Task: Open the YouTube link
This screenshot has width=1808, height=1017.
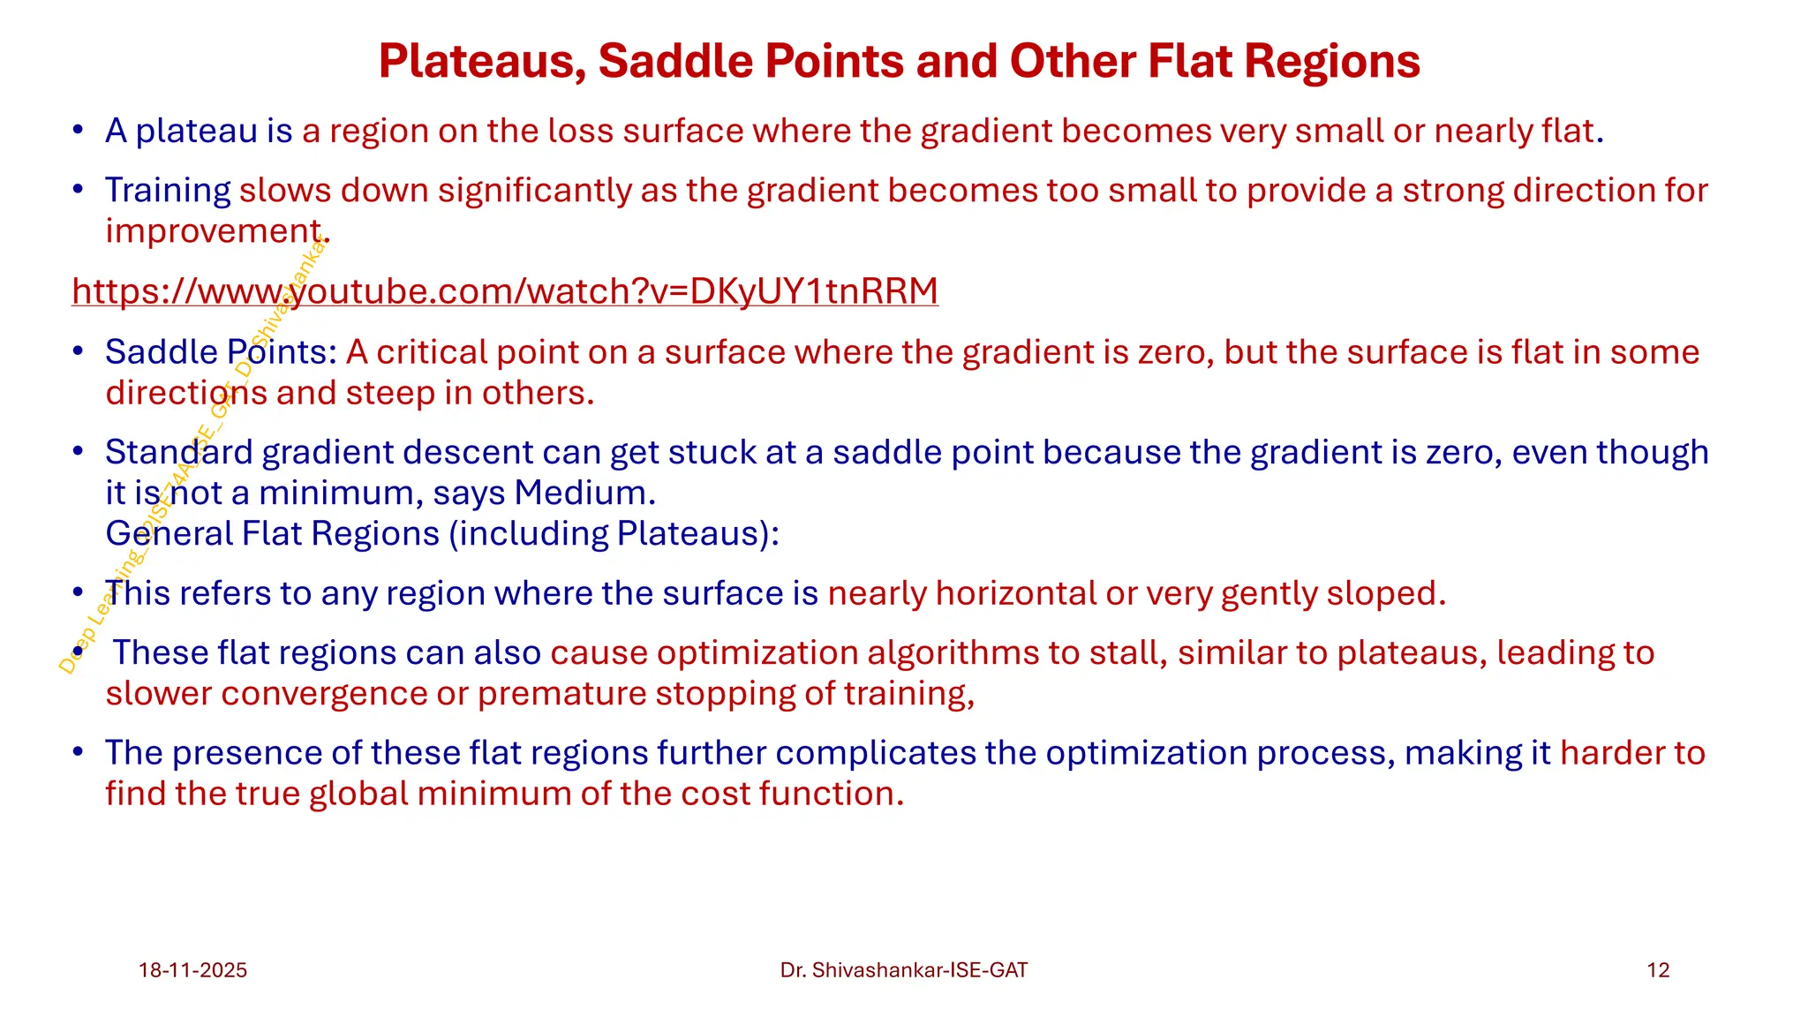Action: tap(504, 291)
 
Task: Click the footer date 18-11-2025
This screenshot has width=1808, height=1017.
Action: tap(192, 970)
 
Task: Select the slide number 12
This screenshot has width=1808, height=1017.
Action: tap(1658, 970)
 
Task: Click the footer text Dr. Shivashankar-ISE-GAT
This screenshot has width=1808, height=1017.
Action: tap(904, 970)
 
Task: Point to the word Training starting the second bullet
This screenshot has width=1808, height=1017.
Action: tap(168, 191)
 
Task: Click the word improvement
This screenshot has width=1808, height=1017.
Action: tap(213, 231)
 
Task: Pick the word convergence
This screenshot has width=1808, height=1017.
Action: tap(323, 694)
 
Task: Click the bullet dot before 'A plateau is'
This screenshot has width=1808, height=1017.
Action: tap(79, 131)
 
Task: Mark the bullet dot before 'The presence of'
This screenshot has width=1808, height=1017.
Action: tap(79, 753)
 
